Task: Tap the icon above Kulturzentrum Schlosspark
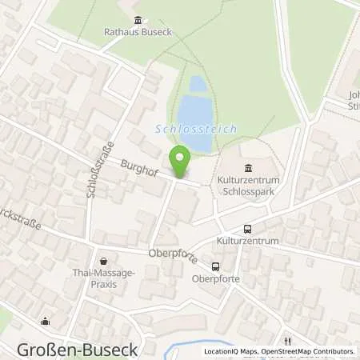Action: coord(247,168)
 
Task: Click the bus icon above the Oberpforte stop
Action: coord(215,266)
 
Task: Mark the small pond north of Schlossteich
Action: coord(197,83)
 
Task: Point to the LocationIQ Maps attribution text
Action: coord(232,351)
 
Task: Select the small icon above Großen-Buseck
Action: coord(44,322)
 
